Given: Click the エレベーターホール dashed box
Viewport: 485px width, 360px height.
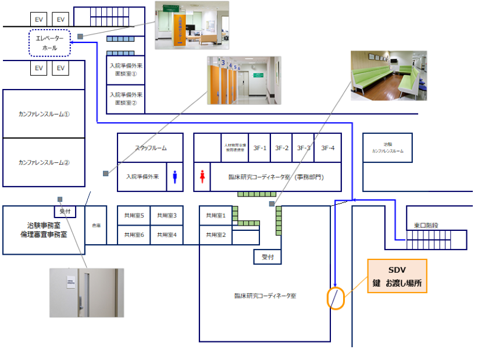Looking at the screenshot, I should (x=49, y=43).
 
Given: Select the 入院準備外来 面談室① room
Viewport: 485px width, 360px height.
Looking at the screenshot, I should (x=126, y=70).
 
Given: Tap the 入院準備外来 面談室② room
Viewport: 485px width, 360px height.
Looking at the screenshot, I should (x=126, y=99).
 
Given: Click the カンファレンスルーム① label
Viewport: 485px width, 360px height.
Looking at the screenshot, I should (x=44, y=114).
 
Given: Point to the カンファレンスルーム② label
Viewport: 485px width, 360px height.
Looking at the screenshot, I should (x=44, y=162).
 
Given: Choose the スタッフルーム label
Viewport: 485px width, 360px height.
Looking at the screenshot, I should (x=151, y=148).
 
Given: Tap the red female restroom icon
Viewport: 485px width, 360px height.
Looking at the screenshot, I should (x=202, y=176).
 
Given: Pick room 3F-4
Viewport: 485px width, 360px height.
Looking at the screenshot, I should (x=328, y=148).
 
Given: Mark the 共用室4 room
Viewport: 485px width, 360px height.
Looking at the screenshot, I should (x=167, y=234).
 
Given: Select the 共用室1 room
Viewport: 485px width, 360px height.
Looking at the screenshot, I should (x=216, y=215).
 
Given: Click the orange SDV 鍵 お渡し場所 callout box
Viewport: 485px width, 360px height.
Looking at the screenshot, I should (x=397, y=276).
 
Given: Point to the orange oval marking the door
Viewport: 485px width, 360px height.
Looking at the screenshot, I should (x=336, y=298).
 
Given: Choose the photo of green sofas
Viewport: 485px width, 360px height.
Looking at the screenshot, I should (x=388, y=76).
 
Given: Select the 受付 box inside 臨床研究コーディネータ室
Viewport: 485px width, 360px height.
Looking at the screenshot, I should (x=268, y=256).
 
